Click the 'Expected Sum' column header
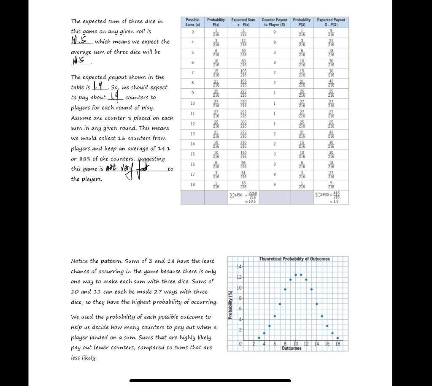[x=243, y=22]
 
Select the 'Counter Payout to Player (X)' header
[x=274, y=22]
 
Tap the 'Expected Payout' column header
[x=331, y=22]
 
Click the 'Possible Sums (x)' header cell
[x=192, y=22]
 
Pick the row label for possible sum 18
[x=192, y=185]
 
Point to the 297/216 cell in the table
[x=243, y=114]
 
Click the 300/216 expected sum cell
[x=243, y=125]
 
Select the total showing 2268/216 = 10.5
[x=243, y=197]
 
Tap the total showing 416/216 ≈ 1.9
[x=331, y=197]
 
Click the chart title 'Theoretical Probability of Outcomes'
[x=294, y=258]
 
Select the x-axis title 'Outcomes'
[x=292, y=348]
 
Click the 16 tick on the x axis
[x=327, y=344]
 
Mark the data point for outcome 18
[x=337, y=338]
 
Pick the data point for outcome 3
[x=259, y=338]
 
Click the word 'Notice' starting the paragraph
[x=80, y=261]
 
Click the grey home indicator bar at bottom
[x=210, y=381]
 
